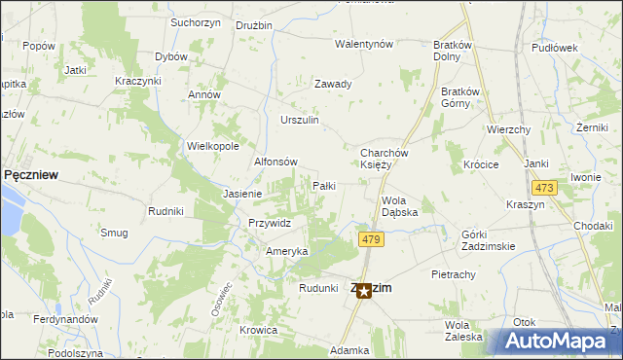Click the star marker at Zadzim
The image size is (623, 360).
[x=363, y=290]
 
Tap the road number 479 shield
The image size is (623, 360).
[x=369, y=239]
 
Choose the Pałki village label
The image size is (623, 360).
[x=323, y=185]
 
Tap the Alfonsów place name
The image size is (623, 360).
[x=275, y=162]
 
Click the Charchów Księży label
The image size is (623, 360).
[x=388, y=159]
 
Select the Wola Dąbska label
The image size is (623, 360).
[x=399, y=206]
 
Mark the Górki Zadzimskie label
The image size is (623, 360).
[x=488, y=240]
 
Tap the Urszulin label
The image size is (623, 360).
[x=300, y=120]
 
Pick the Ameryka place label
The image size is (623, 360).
[x=287, y=251]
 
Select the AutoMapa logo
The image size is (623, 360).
[x=561, y=341]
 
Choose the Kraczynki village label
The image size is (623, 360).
[x=137, y=80]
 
